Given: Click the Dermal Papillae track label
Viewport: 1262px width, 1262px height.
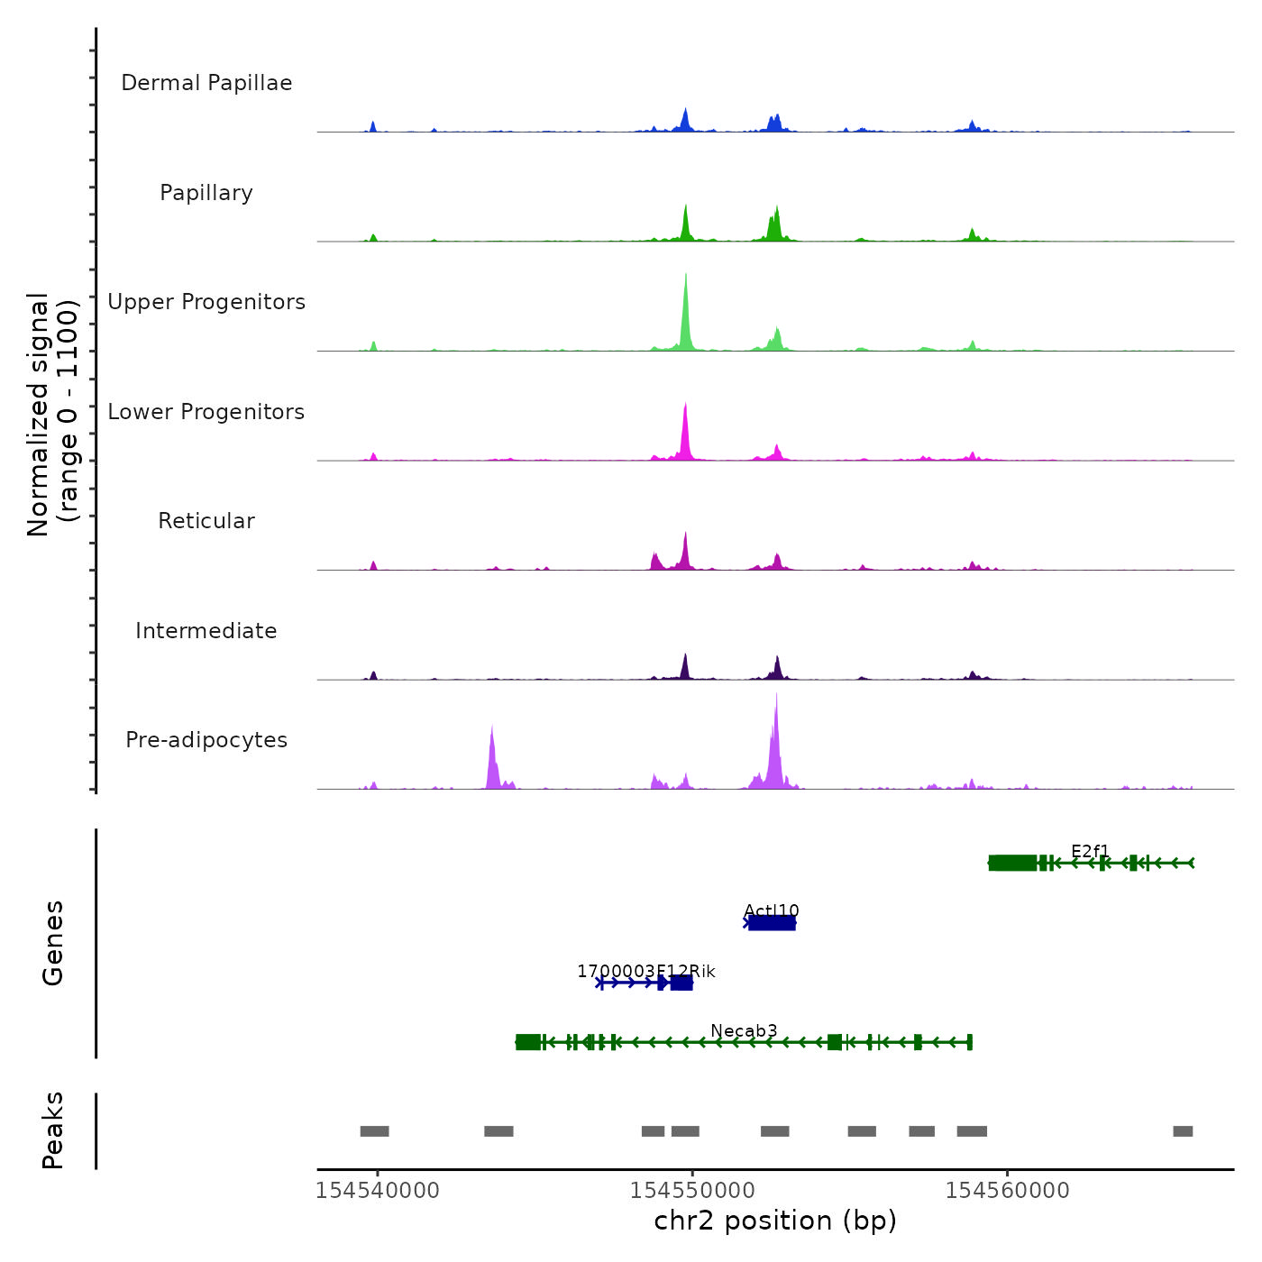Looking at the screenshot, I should point(206,83).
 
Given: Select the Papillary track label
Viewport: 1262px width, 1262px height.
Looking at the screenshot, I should point(206,193).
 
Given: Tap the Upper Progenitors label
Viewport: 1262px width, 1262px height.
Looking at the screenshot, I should point(206,302).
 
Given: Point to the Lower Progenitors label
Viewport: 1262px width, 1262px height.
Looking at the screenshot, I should point(206,412).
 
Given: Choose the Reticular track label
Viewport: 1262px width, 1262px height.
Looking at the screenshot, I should point(206,521).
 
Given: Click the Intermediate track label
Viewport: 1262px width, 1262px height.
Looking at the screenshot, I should point(206,631).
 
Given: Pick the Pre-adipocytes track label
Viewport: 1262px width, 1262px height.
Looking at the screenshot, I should point(206,740).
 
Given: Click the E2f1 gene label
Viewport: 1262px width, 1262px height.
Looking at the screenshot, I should point(1091,851).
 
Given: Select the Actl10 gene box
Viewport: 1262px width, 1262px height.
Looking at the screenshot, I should point(772,922).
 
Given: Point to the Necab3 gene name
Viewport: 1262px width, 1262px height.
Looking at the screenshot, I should point(744,1030).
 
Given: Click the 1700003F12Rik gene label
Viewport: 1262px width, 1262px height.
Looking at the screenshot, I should point(646,971).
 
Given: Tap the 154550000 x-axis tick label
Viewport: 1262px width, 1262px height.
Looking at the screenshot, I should point(692,1190).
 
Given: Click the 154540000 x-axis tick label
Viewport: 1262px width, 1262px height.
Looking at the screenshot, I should point(378,1190).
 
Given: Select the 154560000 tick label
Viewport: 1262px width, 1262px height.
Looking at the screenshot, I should point(1007,1190).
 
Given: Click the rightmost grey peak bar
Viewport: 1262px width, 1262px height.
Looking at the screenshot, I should point(1183,1131).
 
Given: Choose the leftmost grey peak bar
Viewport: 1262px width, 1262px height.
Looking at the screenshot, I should point(374,1131).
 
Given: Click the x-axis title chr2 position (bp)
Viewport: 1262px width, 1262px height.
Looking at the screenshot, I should point(775,1221).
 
